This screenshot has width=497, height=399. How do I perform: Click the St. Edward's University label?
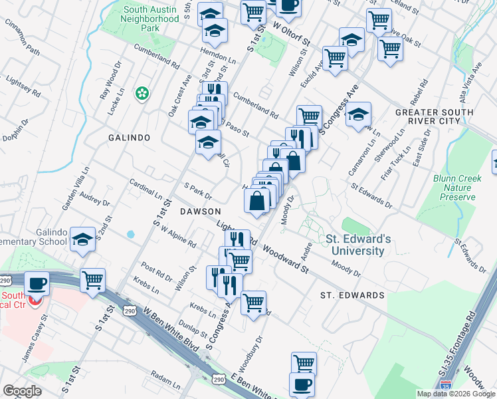click(x=355, y=245)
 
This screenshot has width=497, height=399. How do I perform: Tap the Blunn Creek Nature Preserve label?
click(x=454, y=188)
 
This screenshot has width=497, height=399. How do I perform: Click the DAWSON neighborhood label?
click(x=199, y=211)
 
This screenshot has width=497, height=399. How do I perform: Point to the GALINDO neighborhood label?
click(x=129, y=137)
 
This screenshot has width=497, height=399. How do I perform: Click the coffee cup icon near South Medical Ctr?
click(x=37, y=283)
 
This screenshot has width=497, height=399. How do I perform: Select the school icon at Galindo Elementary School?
click(x=83, y=238)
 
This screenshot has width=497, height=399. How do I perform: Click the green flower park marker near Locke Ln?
click(x=141, y=93)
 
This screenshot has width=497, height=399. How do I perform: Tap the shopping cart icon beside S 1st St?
click(x=93, y=279)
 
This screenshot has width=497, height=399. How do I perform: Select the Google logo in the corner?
click(x=22, y=391)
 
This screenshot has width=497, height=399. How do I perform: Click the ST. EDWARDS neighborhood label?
click(x=352, y=295)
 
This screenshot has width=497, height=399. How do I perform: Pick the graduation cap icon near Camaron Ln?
click(x=358, y=114)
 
